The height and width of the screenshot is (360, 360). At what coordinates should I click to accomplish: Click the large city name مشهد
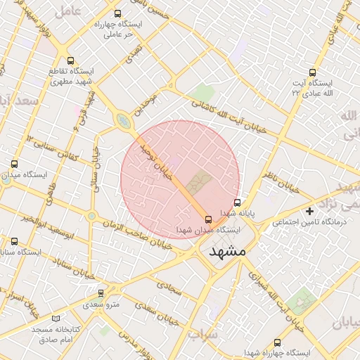coord(228,251)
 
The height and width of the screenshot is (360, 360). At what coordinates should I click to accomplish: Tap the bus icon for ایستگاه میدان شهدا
coord(207,219)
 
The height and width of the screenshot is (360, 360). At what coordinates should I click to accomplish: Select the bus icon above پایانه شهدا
coord(237,202)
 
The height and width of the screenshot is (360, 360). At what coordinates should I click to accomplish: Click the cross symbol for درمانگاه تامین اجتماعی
coord(309,211)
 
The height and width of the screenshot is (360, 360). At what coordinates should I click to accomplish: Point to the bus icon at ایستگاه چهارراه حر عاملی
coord(117,13)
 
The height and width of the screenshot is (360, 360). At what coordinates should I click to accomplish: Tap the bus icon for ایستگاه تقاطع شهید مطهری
coord(69,60)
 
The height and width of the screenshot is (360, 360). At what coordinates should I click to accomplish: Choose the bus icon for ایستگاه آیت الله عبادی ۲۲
coord(312,72)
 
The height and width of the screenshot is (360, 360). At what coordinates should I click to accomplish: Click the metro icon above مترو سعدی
coord(101,293)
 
